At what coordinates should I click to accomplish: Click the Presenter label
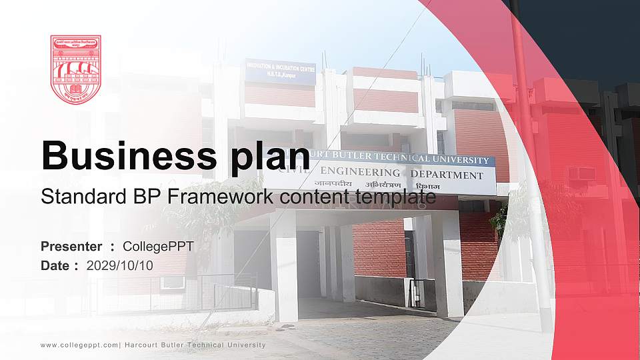(x=71, y=247)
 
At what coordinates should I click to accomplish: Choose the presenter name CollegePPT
(x=158, y=247)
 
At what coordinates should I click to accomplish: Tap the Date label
(x=56, y=265)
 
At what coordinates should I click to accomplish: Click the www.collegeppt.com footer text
(x=79, y=345)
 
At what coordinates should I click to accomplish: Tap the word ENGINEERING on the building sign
(x=364, y=173)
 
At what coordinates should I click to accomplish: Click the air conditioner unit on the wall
(x=581, y=174)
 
